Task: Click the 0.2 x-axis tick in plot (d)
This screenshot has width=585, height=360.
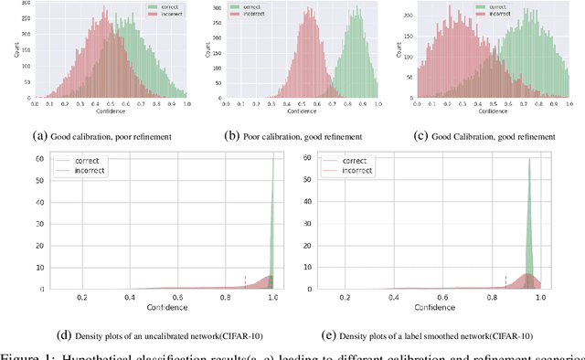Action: pos(82,298)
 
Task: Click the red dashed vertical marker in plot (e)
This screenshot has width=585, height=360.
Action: pos(505,281)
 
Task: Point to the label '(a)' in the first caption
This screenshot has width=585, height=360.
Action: pos(39,136)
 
